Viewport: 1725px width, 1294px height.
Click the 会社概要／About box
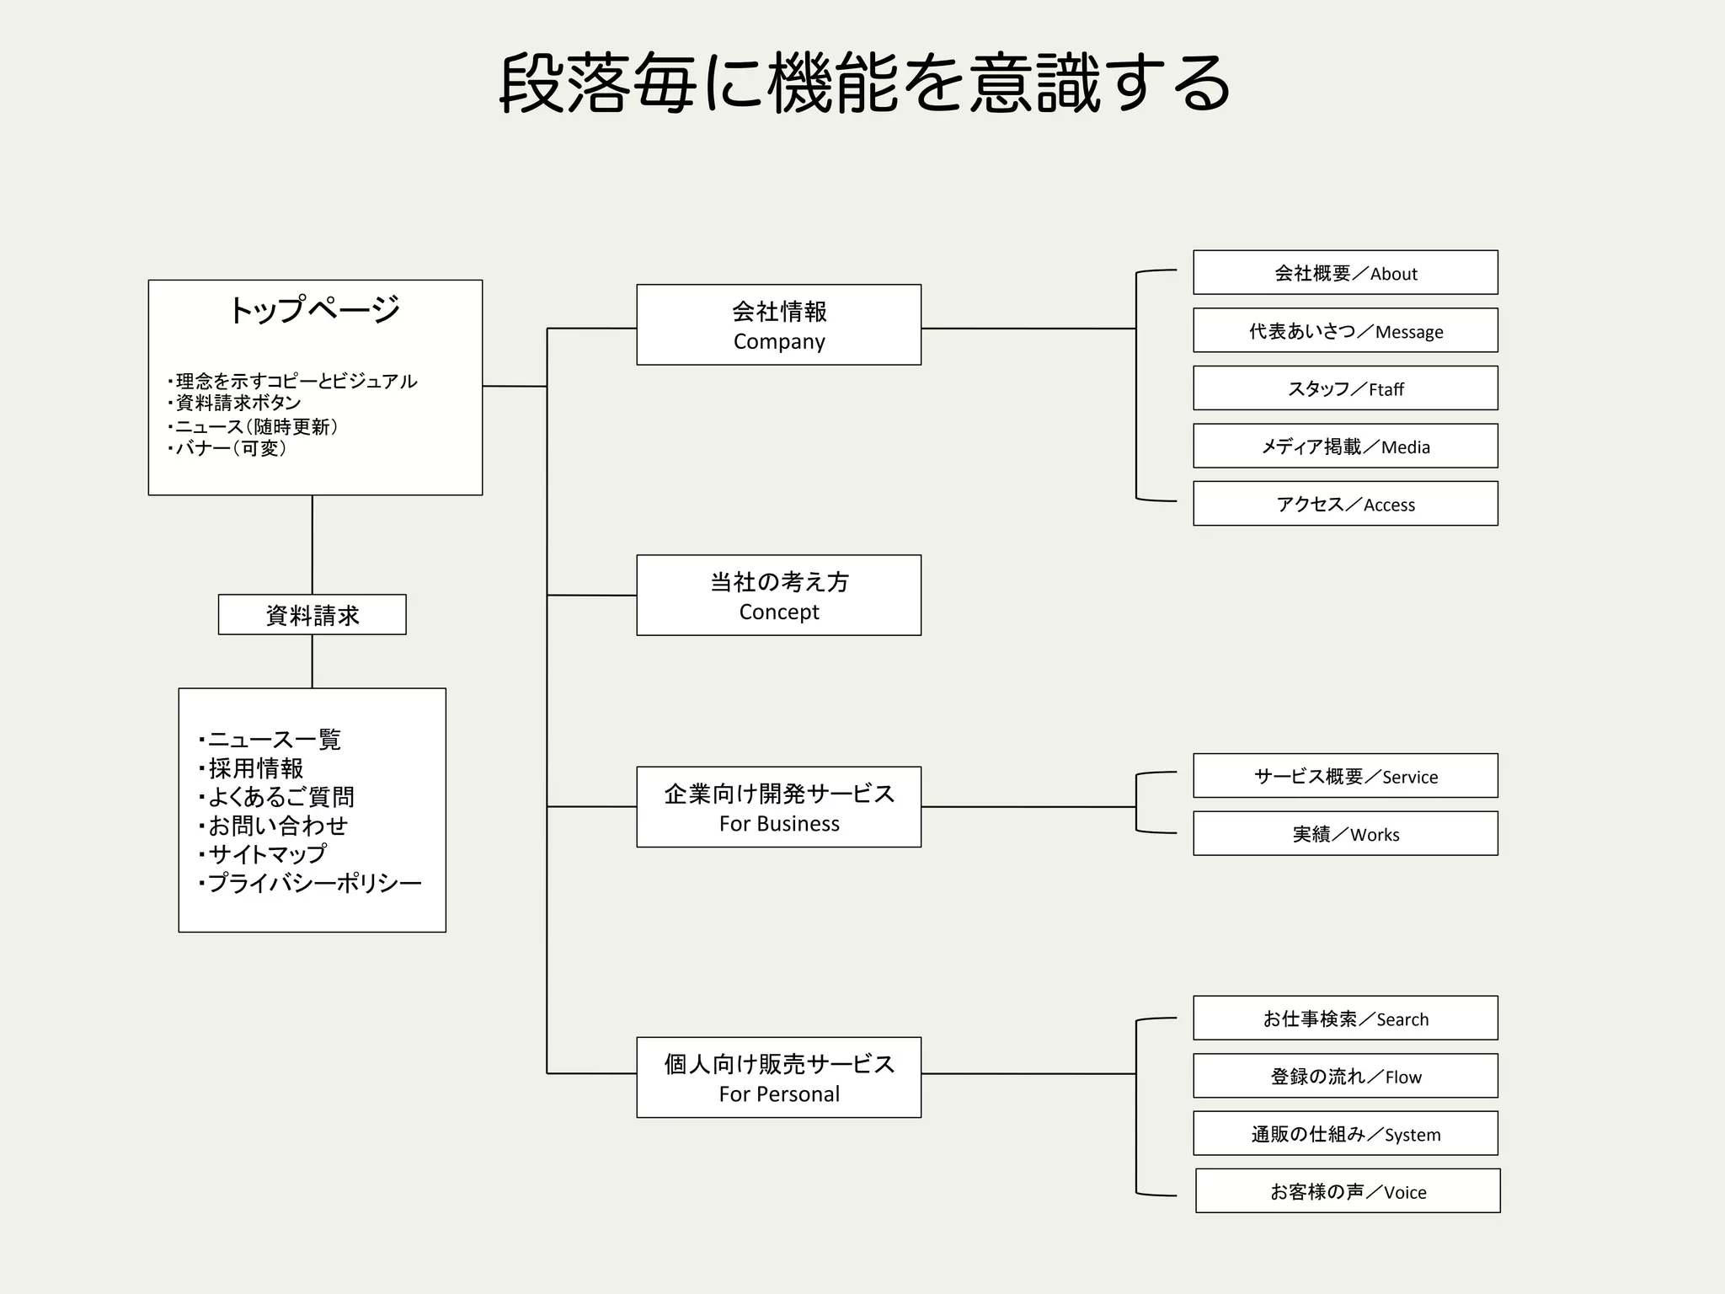(1345, 272)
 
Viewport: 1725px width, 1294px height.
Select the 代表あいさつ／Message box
(1345, 330)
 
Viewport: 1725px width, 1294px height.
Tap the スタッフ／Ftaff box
(1345, 388)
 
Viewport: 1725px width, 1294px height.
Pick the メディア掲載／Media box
(1345, 446)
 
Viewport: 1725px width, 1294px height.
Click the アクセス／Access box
(1345, 504)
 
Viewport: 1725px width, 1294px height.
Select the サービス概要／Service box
(1345, 776)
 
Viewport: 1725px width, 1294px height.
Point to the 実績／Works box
(1345, 834)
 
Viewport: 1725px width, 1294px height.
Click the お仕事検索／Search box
(1345, 1019)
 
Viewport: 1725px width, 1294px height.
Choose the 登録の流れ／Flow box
(1345, 1076)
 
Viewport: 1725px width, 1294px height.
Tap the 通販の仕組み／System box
(1345, 1134)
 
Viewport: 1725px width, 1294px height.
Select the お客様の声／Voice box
(1348, 1191)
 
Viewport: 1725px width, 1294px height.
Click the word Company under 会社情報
(779, 342)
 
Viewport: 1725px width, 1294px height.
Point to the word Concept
(779, 612)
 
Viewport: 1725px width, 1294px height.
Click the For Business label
(779, 824)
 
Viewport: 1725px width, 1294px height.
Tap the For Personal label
(779, 1094)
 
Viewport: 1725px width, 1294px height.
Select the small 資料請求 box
(312, 615)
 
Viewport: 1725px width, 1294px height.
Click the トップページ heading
(314, 310)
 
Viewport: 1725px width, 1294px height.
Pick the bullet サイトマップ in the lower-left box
(266, 854)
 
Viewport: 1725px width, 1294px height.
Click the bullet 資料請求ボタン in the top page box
(238, 403)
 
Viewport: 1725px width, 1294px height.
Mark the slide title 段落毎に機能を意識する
(864, 84)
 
